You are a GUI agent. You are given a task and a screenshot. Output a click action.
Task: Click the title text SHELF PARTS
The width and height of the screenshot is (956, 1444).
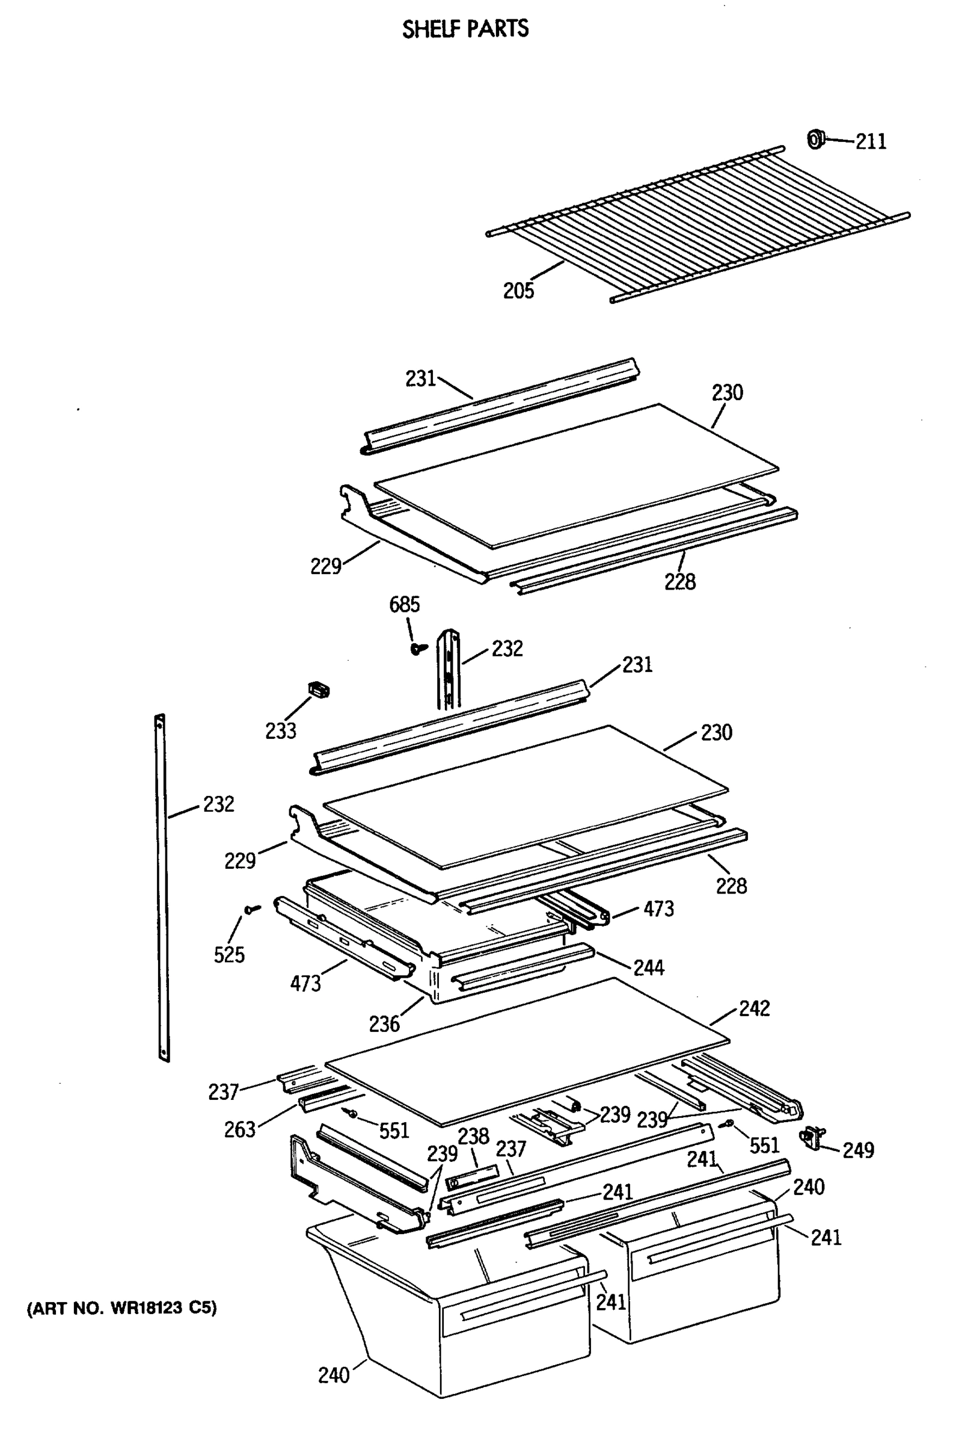pyautogui.click(x=465, y=29)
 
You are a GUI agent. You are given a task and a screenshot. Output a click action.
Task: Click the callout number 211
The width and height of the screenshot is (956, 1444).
pyautogui.click(x=871, y=141)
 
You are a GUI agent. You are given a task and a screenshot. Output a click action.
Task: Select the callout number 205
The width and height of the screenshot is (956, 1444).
pyautogui.click(x=518, y=291)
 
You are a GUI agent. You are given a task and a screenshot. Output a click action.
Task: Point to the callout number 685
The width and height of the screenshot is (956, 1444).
pyautogui.click(x=404, y=605)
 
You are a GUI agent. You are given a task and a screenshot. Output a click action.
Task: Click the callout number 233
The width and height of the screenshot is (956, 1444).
pyautogui.click(x=280, y=730)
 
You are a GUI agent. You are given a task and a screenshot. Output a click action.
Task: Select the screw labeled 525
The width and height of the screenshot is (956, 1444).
pyautogui.click(x=251, y=910)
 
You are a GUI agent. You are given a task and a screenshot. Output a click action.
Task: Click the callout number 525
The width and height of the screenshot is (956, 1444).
pyautogui.click(x=229, y=954)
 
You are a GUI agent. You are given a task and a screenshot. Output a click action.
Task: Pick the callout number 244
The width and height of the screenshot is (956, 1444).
pyautogui.click(x=649, y=967)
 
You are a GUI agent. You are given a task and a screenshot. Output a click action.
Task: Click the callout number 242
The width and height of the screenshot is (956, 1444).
pyautogui.click(x=754, y=1008)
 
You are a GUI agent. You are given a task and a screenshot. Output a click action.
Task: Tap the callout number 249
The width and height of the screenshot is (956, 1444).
pyautogui.click(x=859, y=1150)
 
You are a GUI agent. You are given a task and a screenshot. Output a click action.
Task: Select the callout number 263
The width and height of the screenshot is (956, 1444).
pyautogui.click(x=240, y=1129)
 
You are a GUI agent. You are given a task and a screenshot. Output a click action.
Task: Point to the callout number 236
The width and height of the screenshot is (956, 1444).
pyautogui.click(x=384, y=1023)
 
